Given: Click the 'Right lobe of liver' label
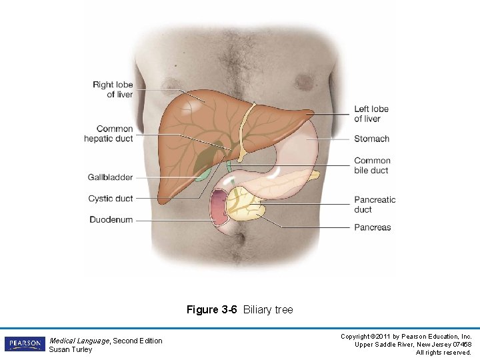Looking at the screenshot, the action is pos(113,89).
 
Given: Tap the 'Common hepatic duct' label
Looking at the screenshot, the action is pos(108,133).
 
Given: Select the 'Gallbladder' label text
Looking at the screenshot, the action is pos(110,177).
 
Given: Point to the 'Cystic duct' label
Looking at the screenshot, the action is pos(110,199).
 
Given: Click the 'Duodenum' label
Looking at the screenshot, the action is pos(111,220).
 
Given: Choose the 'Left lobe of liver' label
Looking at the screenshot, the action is pos(371,113).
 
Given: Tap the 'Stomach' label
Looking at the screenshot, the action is pos(371,139).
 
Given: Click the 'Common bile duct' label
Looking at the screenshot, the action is pos(372,165).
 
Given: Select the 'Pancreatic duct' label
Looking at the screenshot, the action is pos(375,205).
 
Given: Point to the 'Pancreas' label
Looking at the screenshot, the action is pos(372,227).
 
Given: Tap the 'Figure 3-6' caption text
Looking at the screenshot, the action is pos(212,310).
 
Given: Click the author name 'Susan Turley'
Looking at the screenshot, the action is pos(71,350).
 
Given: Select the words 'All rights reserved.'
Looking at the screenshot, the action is pos(443,352).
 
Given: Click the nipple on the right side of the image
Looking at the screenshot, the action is pos(305,82).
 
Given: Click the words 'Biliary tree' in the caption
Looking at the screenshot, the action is pos(268,310).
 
